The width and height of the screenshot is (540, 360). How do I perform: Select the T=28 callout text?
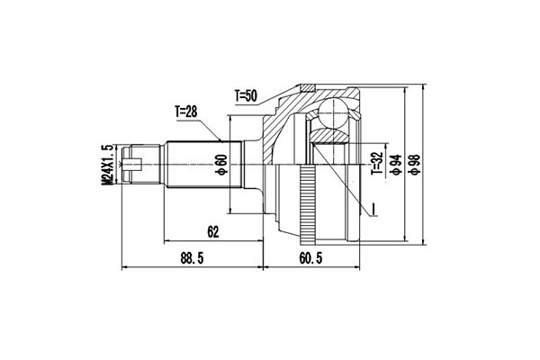tap(187, 112)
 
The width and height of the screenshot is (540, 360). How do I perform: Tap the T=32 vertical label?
tap(376, 164)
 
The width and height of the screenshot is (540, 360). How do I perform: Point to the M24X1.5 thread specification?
tap(109, 162)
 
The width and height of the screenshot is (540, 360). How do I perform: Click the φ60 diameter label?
tap(221, 164)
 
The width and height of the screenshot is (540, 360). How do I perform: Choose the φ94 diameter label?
tap(393, 164)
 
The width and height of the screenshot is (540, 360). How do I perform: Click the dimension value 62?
tap(212, 231)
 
